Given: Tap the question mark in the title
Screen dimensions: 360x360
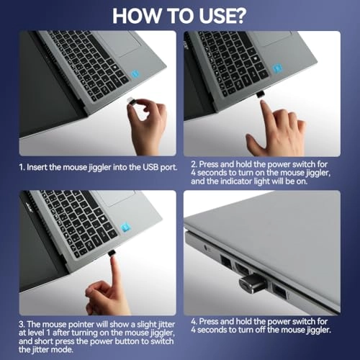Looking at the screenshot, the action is point(238,16).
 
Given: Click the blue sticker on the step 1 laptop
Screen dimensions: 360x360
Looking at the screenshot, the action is point(135,74).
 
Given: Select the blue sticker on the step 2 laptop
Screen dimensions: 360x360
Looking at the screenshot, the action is point(278,68).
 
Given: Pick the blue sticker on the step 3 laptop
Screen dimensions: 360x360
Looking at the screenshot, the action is point(125,227).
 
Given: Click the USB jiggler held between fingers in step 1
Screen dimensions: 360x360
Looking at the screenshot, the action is point(131,101).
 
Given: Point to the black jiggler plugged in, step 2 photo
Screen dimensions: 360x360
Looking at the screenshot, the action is point(260,94).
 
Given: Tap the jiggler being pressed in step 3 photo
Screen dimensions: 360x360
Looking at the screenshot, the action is point(112,253).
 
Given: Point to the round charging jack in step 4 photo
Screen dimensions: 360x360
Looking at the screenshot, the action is point(206,247).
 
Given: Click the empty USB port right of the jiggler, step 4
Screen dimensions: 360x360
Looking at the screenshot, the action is point(279,292).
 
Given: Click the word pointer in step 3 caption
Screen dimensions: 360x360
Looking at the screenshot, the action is point(81,325).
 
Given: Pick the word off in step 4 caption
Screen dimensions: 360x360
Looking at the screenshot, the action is point(261,330).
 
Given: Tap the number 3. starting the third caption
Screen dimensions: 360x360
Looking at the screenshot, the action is point(22,324).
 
